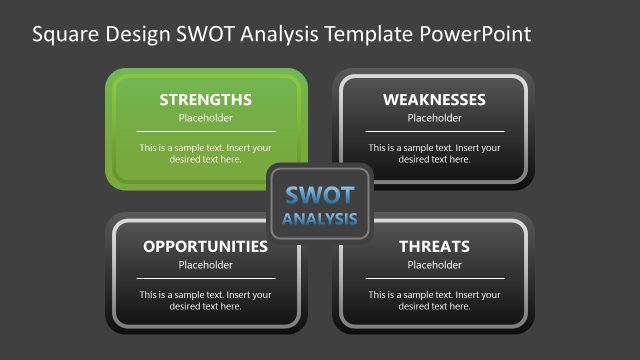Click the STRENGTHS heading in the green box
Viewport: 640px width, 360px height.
205,100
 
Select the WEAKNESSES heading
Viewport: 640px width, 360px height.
434,100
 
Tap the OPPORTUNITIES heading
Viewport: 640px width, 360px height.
205,246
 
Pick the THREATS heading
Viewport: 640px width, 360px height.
434,246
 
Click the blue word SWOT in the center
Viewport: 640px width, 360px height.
319,195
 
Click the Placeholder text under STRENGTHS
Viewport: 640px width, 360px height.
205,118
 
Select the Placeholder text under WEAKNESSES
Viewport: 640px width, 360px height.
434,118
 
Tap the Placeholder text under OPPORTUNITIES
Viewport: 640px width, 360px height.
205,265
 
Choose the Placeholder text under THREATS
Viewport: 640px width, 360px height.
434,265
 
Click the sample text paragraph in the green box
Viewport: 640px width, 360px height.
205,153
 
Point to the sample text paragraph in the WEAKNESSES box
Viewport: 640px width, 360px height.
434,153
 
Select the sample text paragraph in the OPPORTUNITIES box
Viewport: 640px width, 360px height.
205,300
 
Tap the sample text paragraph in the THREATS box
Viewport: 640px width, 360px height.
434,300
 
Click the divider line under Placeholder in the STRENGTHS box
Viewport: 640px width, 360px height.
205,131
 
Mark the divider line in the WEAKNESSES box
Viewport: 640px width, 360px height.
434,131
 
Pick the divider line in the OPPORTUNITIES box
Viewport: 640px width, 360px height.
205,278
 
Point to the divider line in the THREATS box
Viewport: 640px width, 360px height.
434,278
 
